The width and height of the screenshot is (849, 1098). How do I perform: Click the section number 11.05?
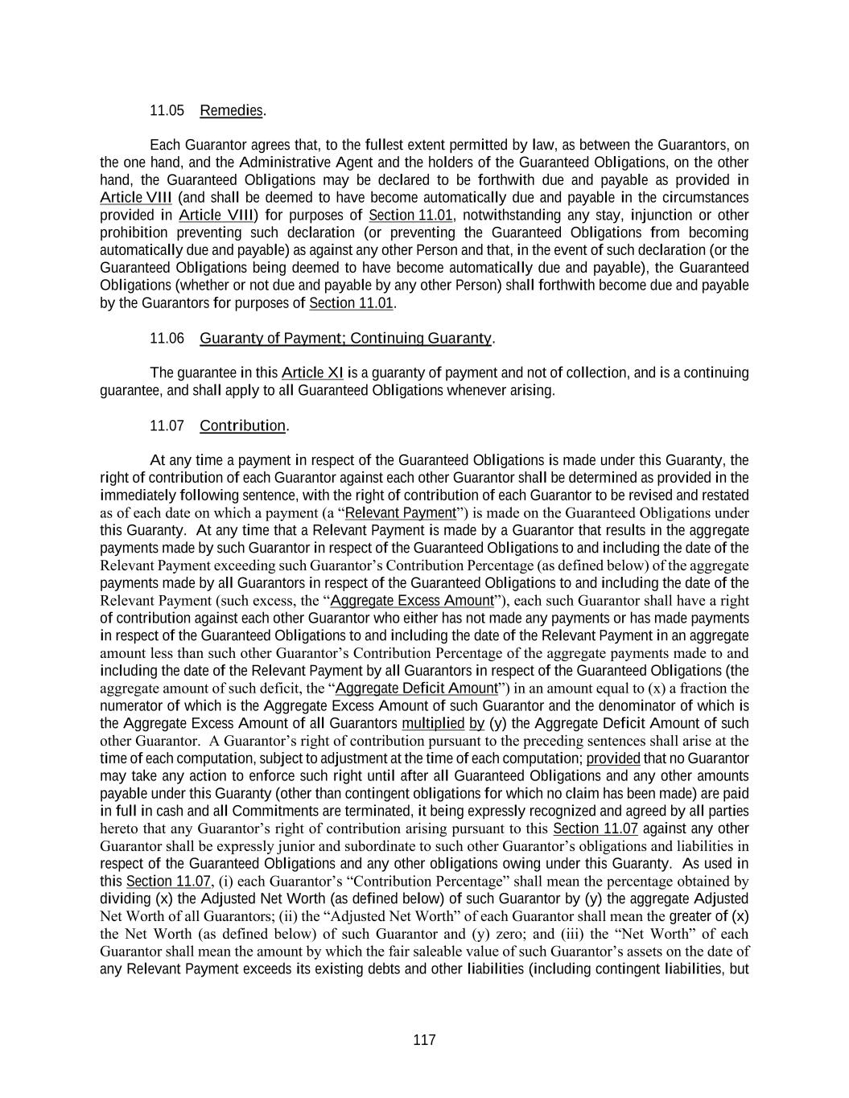[167, 110]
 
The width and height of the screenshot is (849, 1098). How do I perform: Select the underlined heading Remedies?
[231, 110]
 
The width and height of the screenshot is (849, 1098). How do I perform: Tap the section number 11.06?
[167, 338]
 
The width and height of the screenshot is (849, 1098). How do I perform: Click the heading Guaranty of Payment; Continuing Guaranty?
[345, 338]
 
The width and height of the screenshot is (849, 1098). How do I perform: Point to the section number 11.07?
[167, 426]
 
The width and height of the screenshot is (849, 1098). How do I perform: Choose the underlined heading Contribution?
[242, 426]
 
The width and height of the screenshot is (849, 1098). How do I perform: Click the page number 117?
[424, 1040]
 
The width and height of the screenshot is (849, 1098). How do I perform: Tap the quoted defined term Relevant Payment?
[401, 513]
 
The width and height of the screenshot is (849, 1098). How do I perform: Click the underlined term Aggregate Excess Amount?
[412, 601]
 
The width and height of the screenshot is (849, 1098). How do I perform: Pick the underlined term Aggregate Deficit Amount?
[417, 689]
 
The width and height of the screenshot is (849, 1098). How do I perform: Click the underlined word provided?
[613, 759]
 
